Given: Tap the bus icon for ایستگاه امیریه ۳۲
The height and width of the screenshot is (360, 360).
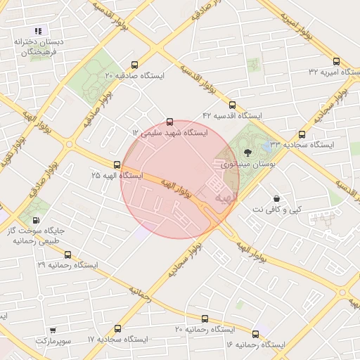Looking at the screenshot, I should (336, 60).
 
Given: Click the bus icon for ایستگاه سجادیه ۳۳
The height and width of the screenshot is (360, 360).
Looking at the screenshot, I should (302, 134).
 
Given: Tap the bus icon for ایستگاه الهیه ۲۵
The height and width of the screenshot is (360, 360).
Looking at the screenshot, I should (117, 164).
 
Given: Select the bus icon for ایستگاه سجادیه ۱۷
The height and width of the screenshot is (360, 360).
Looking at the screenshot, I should (117, 328).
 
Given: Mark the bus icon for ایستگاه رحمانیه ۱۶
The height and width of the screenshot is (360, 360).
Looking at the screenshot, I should (255, 333).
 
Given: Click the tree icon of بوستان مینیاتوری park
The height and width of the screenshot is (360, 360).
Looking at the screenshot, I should (246, 151).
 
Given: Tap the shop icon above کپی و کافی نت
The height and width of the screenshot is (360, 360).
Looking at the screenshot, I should (276, 198).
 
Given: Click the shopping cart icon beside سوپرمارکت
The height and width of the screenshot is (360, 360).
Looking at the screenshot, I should (53, 330).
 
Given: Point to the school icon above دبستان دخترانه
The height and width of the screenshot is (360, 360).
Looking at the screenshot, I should (38, 31).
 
